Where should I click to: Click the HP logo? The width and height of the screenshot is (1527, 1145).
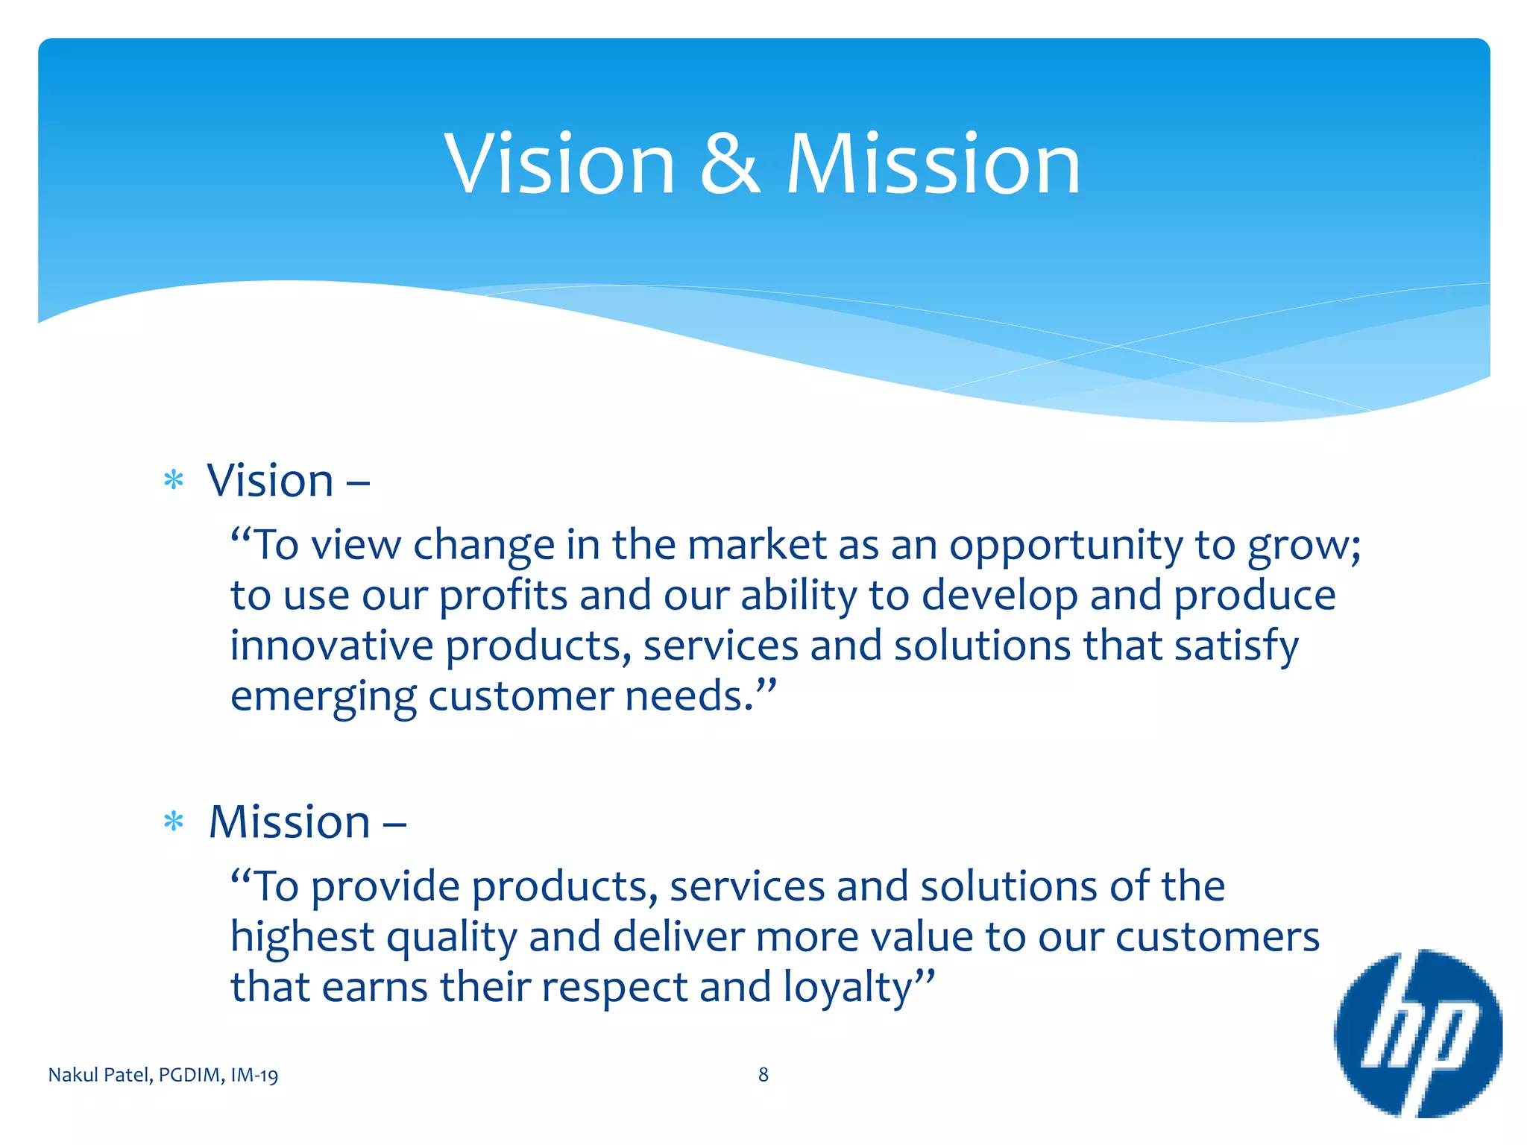pyautogui.click(x=1417, y=1033)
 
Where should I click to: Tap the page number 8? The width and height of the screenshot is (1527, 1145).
pyautogui.click(x=763, y=1074)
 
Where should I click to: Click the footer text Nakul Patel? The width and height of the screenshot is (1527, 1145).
pyautogui.click(x=101, y=1075)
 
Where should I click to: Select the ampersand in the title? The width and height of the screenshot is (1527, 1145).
pyautogui.click(x=730, y=163)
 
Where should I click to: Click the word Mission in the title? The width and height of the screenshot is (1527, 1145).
pyautogui.click(x=933, y=163)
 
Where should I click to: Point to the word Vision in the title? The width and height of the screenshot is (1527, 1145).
pyautogui.click(x=559, y=163)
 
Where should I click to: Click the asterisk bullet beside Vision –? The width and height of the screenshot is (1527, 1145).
pyautogui.click(x=174, y=481)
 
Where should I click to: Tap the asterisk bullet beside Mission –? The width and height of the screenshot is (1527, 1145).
pyautogui.click(x=174, y=822)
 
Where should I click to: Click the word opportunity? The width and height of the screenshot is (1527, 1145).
pyautogui.click(x=1065, y=546)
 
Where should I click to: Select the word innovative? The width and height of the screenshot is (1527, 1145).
pyautogui.click(x=331, y=646)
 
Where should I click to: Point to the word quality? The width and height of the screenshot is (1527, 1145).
pyautogui.click(x=452, y=938)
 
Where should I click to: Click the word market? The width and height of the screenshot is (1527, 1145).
pyautogui.click(x=756, y=545)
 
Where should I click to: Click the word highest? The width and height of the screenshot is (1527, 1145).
pyautogui.click(x=302, y=938)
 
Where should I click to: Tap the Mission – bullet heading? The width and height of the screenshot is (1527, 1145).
pyautogui.click(x=306, y=822)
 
